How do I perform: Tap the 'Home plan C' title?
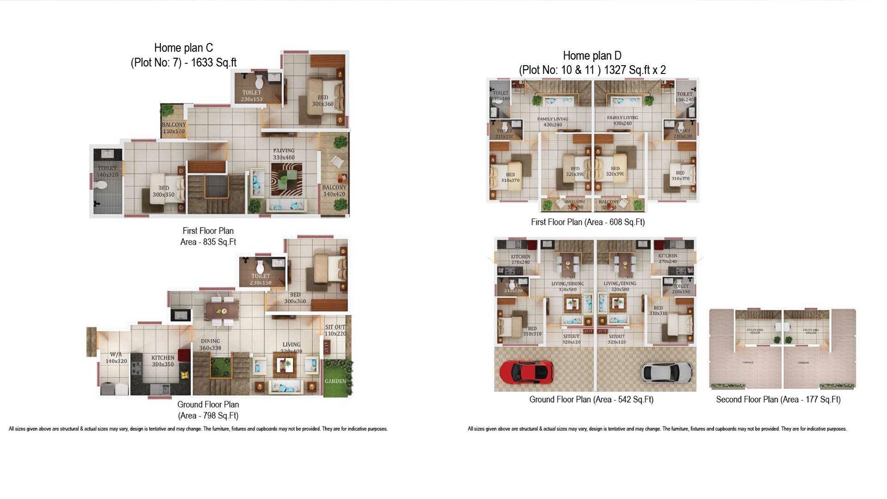tap(183, 48)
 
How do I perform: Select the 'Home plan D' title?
tap(592, 56)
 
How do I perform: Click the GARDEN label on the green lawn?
tap(335, 381)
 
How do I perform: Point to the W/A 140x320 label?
tap(115, 358)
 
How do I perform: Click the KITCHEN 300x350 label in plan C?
tap(163, 361)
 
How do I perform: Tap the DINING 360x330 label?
tap(210, 345)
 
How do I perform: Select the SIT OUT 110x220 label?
tap(335, 330)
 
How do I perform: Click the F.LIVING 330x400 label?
tap(283, 154)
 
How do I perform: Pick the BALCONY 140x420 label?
tap(334, 191)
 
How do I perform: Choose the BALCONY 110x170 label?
tap(173, 128)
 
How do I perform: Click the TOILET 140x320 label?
tap(107, 171)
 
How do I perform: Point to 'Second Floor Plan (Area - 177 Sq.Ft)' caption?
tap(778, 400)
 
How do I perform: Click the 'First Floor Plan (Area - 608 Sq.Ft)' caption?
tap(588, 222)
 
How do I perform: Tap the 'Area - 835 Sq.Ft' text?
tap(208, 242)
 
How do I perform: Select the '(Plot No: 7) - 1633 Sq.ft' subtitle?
tap(183, 63)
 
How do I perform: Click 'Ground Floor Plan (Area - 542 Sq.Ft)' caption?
tap(591, 400)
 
